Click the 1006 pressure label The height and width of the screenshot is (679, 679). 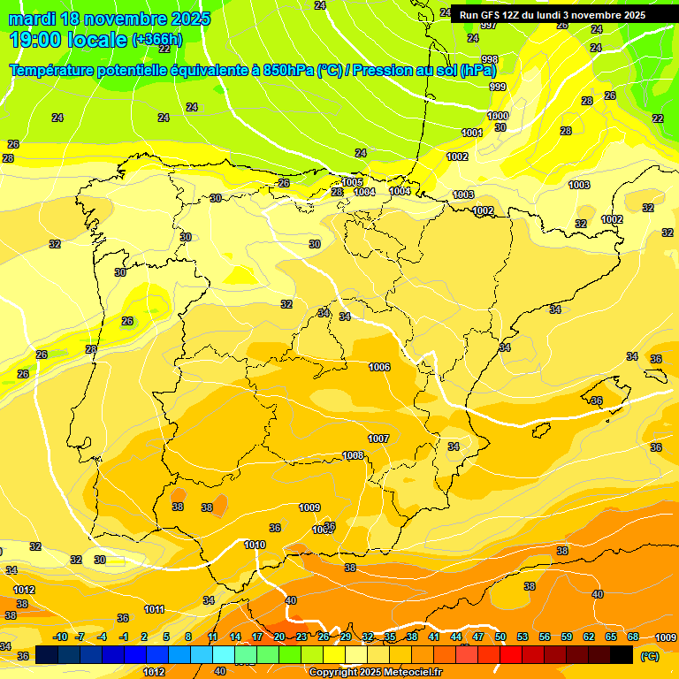379,367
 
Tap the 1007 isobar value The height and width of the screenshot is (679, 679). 378,439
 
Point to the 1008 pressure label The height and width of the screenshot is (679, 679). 353,455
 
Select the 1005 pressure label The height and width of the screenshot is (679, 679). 352,183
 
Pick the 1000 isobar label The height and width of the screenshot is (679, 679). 498,116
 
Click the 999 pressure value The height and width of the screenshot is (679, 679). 498,87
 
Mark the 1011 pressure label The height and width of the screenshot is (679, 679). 154,609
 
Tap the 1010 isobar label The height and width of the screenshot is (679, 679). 255,545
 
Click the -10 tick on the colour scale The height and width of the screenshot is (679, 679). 60,637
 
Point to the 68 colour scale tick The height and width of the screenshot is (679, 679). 633,637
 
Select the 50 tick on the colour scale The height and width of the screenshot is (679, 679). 500,637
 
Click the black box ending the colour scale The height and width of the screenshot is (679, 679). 622,654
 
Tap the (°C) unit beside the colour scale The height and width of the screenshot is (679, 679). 649,656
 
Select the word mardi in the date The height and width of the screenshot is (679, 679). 32,19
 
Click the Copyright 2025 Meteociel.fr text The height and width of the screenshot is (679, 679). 376,672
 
